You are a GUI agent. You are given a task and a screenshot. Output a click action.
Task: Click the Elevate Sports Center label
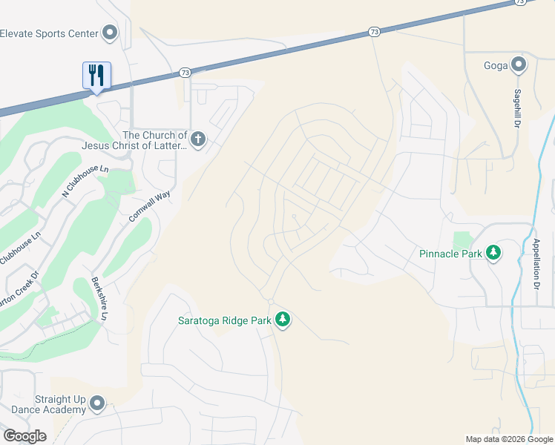point(49,33)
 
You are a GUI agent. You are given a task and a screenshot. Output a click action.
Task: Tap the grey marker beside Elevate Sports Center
point(111,33)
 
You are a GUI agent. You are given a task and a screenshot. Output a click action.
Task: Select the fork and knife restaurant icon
point(96,75)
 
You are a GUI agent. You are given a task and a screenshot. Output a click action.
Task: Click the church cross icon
point(197,139)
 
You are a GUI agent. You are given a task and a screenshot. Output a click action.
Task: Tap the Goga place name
point(496,65)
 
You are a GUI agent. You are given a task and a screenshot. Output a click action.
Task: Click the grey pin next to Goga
point(519,65)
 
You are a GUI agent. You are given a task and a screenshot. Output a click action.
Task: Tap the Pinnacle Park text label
point(450,253)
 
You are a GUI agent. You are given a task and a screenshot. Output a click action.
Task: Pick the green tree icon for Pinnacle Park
point(493,253)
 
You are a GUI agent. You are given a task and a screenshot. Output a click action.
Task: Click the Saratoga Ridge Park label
point(224,320)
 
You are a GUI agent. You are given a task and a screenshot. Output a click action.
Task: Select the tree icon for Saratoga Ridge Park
point(282,320)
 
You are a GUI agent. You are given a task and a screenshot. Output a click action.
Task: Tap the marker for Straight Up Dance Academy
point(97,404)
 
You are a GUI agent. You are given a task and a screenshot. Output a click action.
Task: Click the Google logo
point(24,436)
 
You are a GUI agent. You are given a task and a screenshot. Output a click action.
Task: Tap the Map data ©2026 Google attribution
point(509,439)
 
